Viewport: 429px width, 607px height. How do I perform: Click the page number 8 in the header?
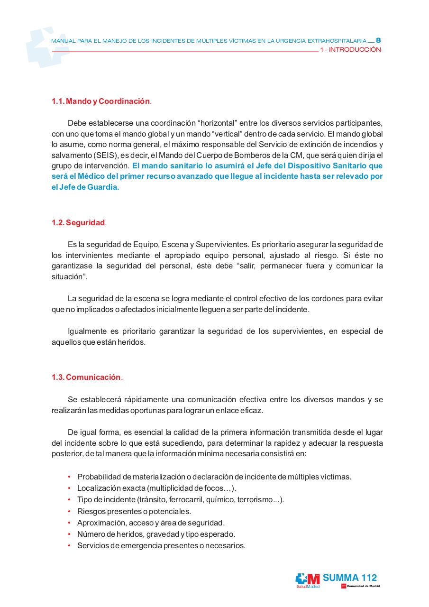tap(378, 41)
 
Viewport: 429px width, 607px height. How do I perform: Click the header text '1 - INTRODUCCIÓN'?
tap(350, 50)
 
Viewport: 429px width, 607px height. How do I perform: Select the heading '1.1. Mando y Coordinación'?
tap(101, 101)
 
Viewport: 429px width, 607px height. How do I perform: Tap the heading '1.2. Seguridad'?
tap(78, 223)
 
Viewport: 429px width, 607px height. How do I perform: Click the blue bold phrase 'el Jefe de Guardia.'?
tap(85, 187)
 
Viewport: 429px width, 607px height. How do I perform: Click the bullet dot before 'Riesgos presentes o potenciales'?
tap(69, 512)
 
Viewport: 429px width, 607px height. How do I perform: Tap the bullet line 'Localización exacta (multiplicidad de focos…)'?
tap(156, 488)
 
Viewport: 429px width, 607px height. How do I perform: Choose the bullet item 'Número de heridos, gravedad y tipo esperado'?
tap(156, 534)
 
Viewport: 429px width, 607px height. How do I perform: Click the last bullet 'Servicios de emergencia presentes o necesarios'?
tap(161, 546)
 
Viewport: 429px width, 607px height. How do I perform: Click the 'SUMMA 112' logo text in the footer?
tap(350, 578)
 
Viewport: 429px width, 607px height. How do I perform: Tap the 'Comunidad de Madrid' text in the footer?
tap(363, 587)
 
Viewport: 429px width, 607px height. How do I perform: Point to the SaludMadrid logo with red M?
tap(308, 580)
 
